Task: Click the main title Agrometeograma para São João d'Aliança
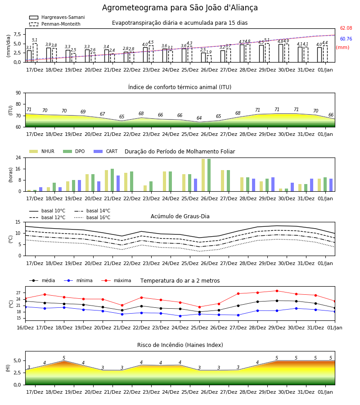click(x=180, y=8)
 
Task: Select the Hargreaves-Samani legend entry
click(x=57, y=17)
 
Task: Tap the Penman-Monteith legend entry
click(x=55, y=24)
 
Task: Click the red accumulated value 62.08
click(x=346, y=28)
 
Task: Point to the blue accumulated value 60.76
click(x=346, y=39)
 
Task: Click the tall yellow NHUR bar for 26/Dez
click(x=203, y=175)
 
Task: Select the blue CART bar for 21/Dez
click(x=118, y=184)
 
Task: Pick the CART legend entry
click(x=105, y=151)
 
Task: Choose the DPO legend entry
click(x=74, y=151)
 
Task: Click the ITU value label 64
click(x=199, y=118)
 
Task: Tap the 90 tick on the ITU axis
click(x=18, y=93)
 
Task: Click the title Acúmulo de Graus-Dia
click(x=180, y=216)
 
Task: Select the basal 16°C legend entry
click(x=92, y=217)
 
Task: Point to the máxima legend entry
click(x=116, y=280)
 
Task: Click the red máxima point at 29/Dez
click(x=277, y=291)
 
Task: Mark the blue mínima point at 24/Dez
click(x=180, y=316)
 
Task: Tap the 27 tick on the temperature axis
click(x=18, y=293)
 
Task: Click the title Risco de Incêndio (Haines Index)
click(x=180, y=345)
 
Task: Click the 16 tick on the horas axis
click(x=18, y=169)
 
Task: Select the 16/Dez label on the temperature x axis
click(x=25, y=328)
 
